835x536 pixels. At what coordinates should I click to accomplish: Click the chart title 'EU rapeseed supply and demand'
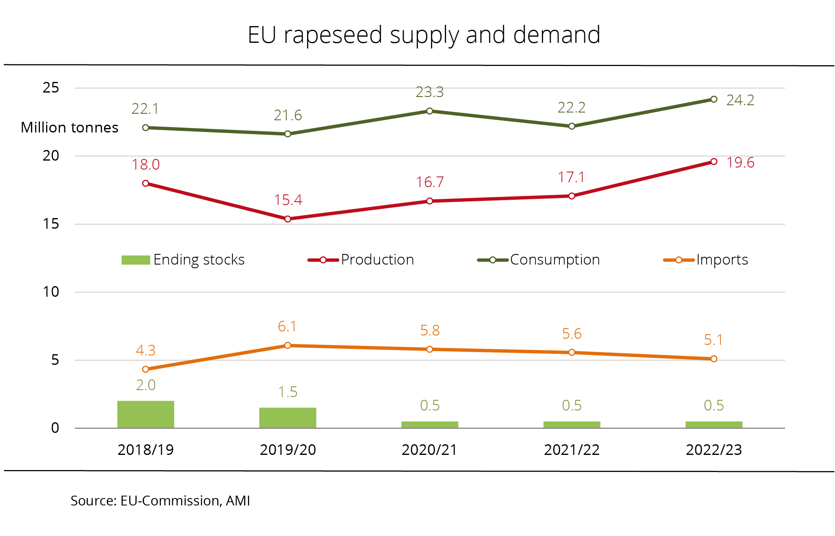click(x=424, y=35)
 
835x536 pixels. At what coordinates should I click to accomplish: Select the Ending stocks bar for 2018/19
click(x=146, y=415)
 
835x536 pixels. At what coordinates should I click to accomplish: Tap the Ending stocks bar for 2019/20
click(x=287, y=418)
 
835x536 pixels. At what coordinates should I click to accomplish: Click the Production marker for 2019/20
click(x=287, y=219)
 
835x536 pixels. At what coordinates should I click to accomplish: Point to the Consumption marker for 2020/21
click(x=430, y=111)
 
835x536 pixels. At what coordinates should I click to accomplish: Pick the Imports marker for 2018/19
click(x=146, y=369)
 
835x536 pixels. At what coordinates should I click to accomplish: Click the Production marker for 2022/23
click(x=714, y=162)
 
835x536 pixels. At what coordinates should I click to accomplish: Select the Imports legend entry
click(x=706, y=260)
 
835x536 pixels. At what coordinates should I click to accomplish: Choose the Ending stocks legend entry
click(x=183, y=260)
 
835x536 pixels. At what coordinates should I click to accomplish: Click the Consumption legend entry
click(x=539, y=260)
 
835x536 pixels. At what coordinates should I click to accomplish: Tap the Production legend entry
click(x=361, y=260)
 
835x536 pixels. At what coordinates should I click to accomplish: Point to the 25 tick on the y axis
click(x=51, y=88)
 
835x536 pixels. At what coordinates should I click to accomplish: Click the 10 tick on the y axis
click(x=51, y=292)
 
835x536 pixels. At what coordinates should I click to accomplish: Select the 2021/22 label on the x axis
click(x=572, y=450)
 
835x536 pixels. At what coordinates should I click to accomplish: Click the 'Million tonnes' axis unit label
click(x=69, y=128)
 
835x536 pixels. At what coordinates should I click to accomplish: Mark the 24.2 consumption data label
click(x=740, y=100)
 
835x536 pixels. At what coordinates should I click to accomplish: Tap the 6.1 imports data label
click(x=287, y=326)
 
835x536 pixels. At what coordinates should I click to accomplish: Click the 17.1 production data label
click(x=571, y=177)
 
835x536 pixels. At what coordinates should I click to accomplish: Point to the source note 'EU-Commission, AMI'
click(x=160, y=501)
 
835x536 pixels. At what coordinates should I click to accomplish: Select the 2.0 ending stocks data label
click(x=146, y=385)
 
